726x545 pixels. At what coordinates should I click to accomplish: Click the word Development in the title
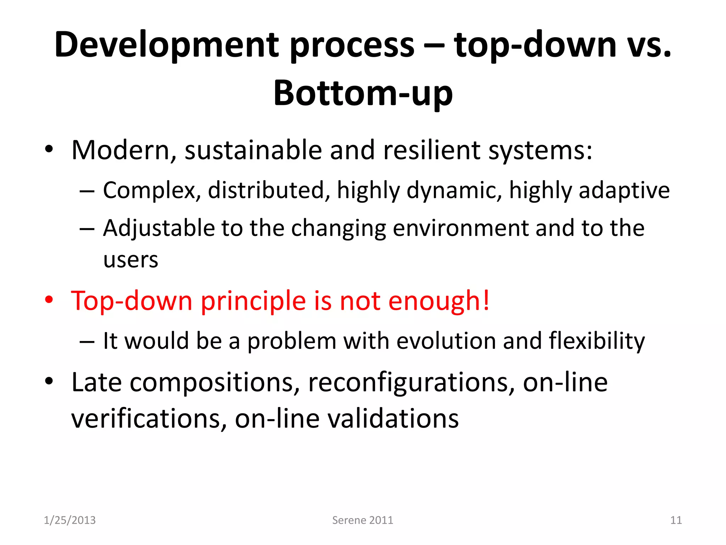(x=167, y=45)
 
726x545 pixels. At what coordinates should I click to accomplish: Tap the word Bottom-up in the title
(x=363, y=93)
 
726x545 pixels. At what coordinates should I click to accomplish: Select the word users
(x=130, y=260)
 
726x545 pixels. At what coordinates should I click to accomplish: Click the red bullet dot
(x=49, y=300)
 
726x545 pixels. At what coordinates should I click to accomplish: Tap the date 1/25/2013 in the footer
(x=69, y=520)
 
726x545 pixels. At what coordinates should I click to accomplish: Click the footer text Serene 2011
(x=362, y=520)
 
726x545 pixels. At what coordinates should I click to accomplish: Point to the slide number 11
(x=676, y=520)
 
